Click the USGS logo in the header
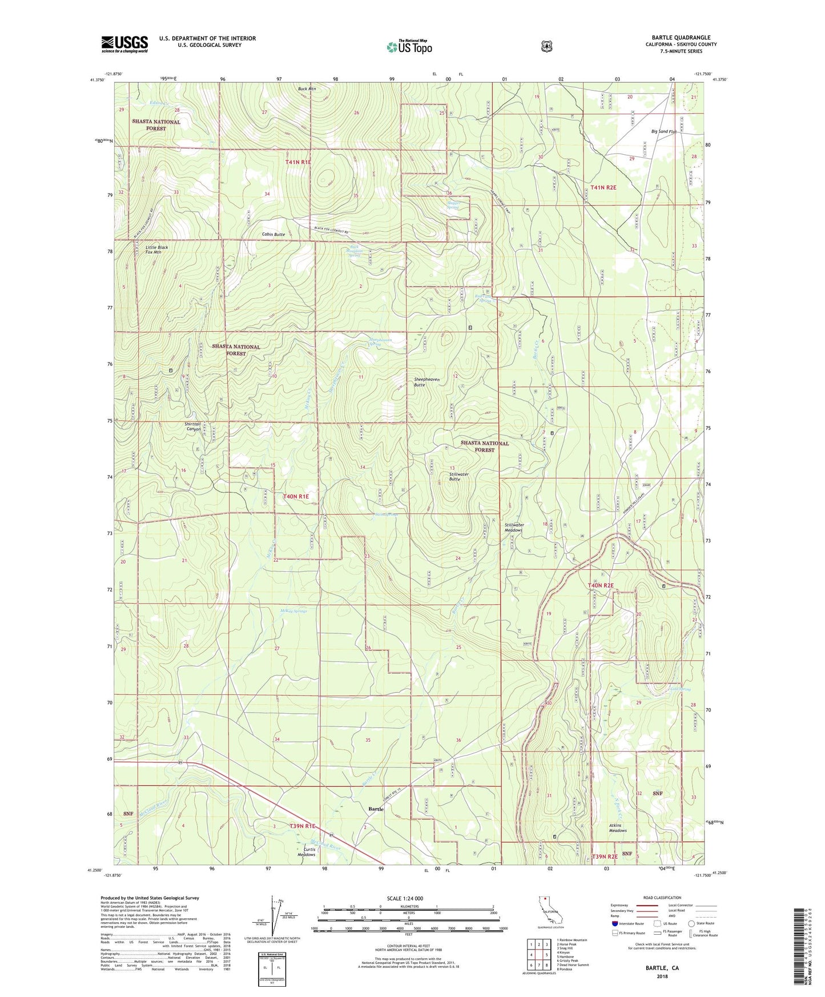pyautogui.click(x=124, y=44)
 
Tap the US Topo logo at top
pyautogui.click(x=409, y=47)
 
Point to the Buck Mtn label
pyautogui.click(x=307, y=89)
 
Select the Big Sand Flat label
pyautogui.click(x=664, y=131)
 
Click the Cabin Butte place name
pyautogui.click(x=273, y=235)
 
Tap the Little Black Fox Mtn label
pyautogui.click(x=150, y=249)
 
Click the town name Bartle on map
pyautogui.click(x=376, y=809)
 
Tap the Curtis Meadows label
pyautogui.click(x=306, y=852)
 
